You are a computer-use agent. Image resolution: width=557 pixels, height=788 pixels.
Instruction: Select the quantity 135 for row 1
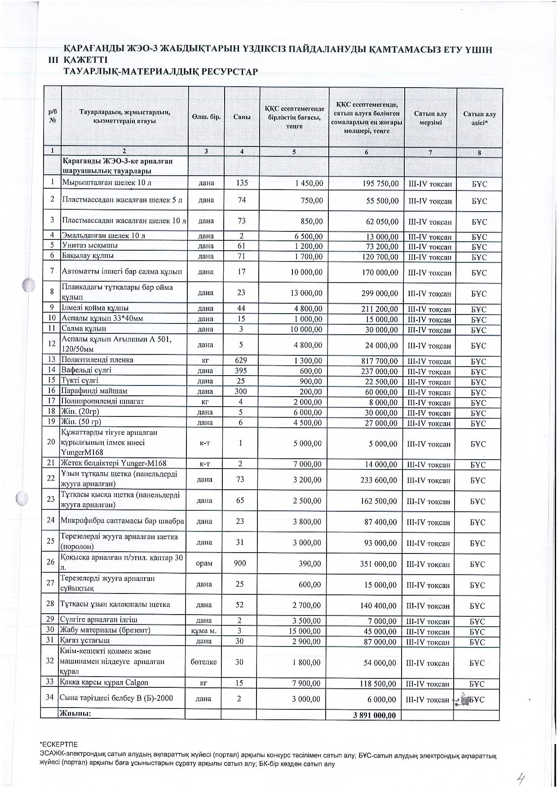(242, 183)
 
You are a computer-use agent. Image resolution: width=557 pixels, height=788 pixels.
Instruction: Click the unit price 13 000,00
(305, 293)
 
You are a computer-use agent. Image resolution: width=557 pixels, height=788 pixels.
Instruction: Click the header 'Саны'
(242, 117)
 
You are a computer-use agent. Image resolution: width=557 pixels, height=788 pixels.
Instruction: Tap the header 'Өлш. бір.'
(206, 117)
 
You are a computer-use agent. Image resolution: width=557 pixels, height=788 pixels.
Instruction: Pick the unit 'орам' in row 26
(204, 563)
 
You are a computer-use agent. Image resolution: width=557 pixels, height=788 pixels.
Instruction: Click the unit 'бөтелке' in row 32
(203, 662)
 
